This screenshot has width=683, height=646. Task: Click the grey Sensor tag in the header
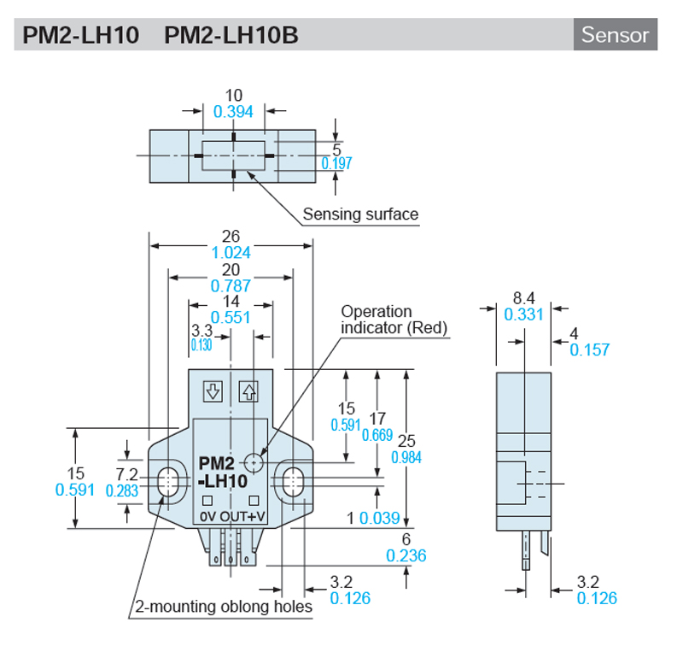(615, 35)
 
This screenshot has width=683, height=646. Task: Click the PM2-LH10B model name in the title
(231, 36)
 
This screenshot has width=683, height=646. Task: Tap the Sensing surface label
(360, 214)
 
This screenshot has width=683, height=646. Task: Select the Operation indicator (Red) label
(394, 320)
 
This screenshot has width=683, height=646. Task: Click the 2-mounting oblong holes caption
(224, 608)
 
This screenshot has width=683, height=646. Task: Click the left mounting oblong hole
(168, 480)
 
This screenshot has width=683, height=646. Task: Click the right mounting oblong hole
(293, 480)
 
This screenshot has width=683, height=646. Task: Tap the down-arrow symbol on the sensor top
(213, 392)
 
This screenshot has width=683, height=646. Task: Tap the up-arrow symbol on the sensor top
(248, 392)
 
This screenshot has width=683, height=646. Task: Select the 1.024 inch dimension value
(231, 253)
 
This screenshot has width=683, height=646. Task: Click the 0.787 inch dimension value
(231, 285)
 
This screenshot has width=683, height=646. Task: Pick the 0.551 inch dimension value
(231, 317)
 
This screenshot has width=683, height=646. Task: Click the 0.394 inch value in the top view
(233, 111)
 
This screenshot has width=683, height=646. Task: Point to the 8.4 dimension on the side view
(523, 297)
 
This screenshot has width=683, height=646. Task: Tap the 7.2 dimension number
(127, 473)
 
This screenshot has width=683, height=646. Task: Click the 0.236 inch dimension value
(406, 555)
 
